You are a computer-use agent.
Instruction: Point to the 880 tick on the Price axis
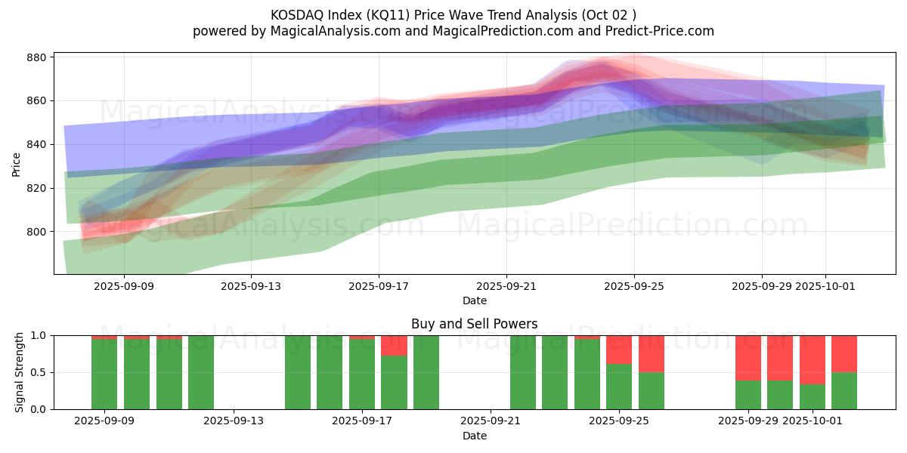pyautogui.click(x=39, y=57)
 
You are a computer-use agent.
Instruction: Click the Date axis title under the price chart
pyautogui.click(x=475, y=300)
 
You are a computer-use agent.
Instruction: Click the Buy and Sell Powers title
pyautogui.click(x=475, y=324)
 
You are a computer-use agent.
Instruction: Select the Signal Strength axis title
pyautogui.click(x=20, y=372)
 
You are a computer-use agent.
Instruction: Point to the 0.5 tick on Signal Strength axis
pyautogui.click(x=39, y=372)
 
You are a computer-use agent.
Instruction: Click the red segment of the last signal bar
pyautogui.click(x=844, y=353)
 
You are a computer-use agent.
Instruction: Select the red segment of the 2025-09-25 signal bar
pyautogui.click(x=619, y=350)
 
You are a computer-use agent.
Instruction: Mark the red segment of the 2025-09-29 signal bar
pyautogui.click(x=748, y=358)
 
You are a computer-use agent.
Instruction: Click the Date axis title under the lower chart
pyautogui.click(x=475, y=436)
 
